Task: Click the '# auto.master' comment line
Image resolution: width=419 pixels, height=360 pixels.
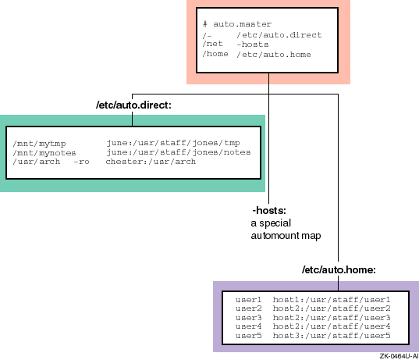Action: coord(237,24)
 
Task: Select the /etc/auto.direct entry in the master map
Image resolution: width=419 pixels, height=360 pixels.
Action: coord(279,35)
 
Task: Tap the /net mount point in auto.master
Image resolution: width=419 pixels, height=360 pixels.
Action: coord(212,44)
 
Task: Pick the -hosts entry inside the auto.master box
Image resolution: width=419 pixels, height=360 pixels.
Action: coord(253,45)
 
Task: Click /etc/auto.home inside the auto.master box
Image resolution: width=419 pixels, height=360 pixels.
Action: coord(274,55)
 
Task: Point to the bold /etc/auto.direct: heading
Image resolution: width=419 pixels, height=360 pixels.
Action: coord(133,105)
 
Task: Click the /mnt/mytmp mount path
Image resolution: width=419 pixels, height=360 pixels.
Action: coord(39,144)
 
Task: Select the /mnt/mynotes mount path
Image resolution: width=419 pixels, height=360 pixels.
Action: coord(44,153)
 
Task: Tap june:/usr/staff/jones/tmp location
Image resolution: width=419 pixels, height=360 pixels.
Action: coord(173,143)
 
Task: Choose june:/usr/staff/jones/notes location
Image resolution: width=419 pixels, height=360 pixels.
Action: coord(179,152)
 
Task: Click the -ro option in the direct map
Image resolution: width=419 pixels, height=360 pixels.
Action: coord(81,162)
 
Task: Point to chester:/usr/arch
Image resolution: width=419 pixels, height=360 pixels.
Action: coord(151,162)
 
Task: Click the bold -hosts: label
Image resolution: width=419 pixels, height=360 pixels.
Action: coord(269,211)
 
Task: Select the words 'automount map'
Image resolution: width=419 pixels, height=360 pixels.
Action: coord(286,236)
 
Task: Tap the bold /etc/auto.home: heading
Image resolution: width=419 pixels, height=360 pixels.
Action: coord(339,269)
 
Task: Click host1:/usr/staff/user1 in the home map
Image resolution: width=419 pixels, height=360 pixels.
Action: coord(332,300)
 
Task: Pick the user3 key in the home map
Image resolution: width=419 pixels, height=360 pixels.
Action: coord(249,318)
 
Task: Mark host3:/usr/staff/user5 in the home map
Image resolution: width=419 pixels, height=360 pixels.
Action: coord(332,335)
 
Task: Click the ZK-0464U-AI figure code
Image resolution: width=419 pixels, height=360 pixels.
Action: coord(399,356)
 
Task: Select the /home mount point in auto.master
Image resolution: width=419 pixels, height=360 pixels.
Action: coord(215,54)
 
